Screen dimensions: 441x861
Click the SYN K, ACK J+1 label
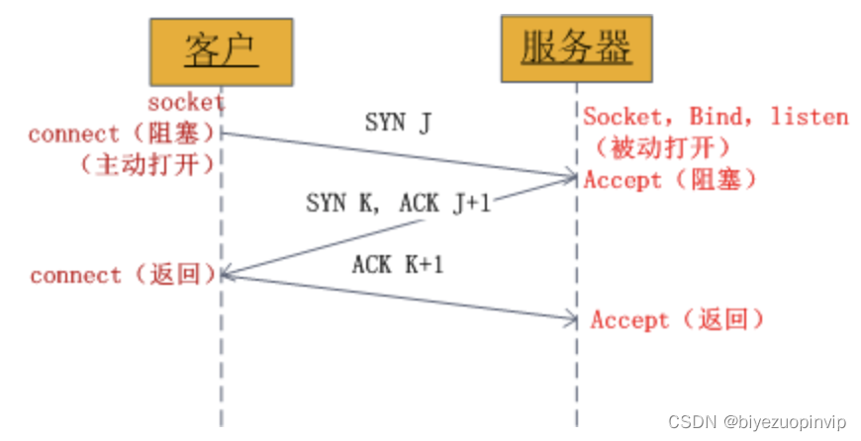pos(398,204)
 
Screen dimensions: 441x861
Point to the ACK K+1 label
pos(398,265)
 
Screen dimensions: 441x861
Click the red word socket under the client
pos(186,102)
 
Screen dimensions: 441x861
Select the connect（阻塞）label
pos(122,133)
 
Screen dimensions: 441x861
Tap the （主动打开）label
pos(145,164)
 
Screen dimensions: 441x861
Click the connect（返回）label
pos(123,275)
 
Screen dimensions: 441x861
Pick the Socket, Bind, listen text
pos(716,117)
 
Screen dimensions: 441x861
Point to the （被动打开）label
pos(662,148)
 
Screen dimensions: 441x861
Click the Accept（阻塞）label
pos(670,180)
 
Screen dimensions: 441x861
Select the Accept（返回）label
pos(677,319)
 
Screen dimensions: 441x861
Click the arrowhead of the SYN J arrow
pos(572,178)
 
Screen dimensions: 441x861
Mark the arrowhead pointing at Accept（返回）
pos(572,318)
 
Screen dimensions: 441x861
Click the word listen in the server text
pos(810,117)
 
